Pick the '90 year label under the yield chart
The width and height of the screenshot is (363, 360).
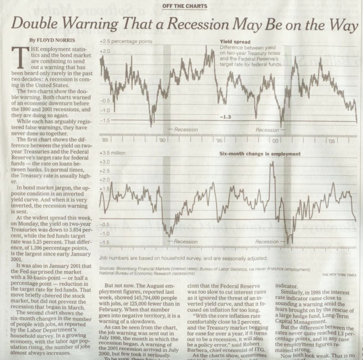click(162, 140)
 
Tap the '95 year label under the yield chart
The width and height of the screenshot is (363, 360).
click(219, 140)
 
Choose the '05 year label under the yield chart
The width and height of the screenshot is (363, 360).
click(332, 140)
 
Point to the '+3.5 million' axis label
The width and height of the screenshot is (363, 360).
click(113, 153)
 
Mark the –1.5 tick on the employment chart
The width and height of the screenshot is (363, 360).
click(105, 243)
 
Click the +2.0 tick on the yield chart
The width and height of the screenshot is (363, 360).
click(105, 52)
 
